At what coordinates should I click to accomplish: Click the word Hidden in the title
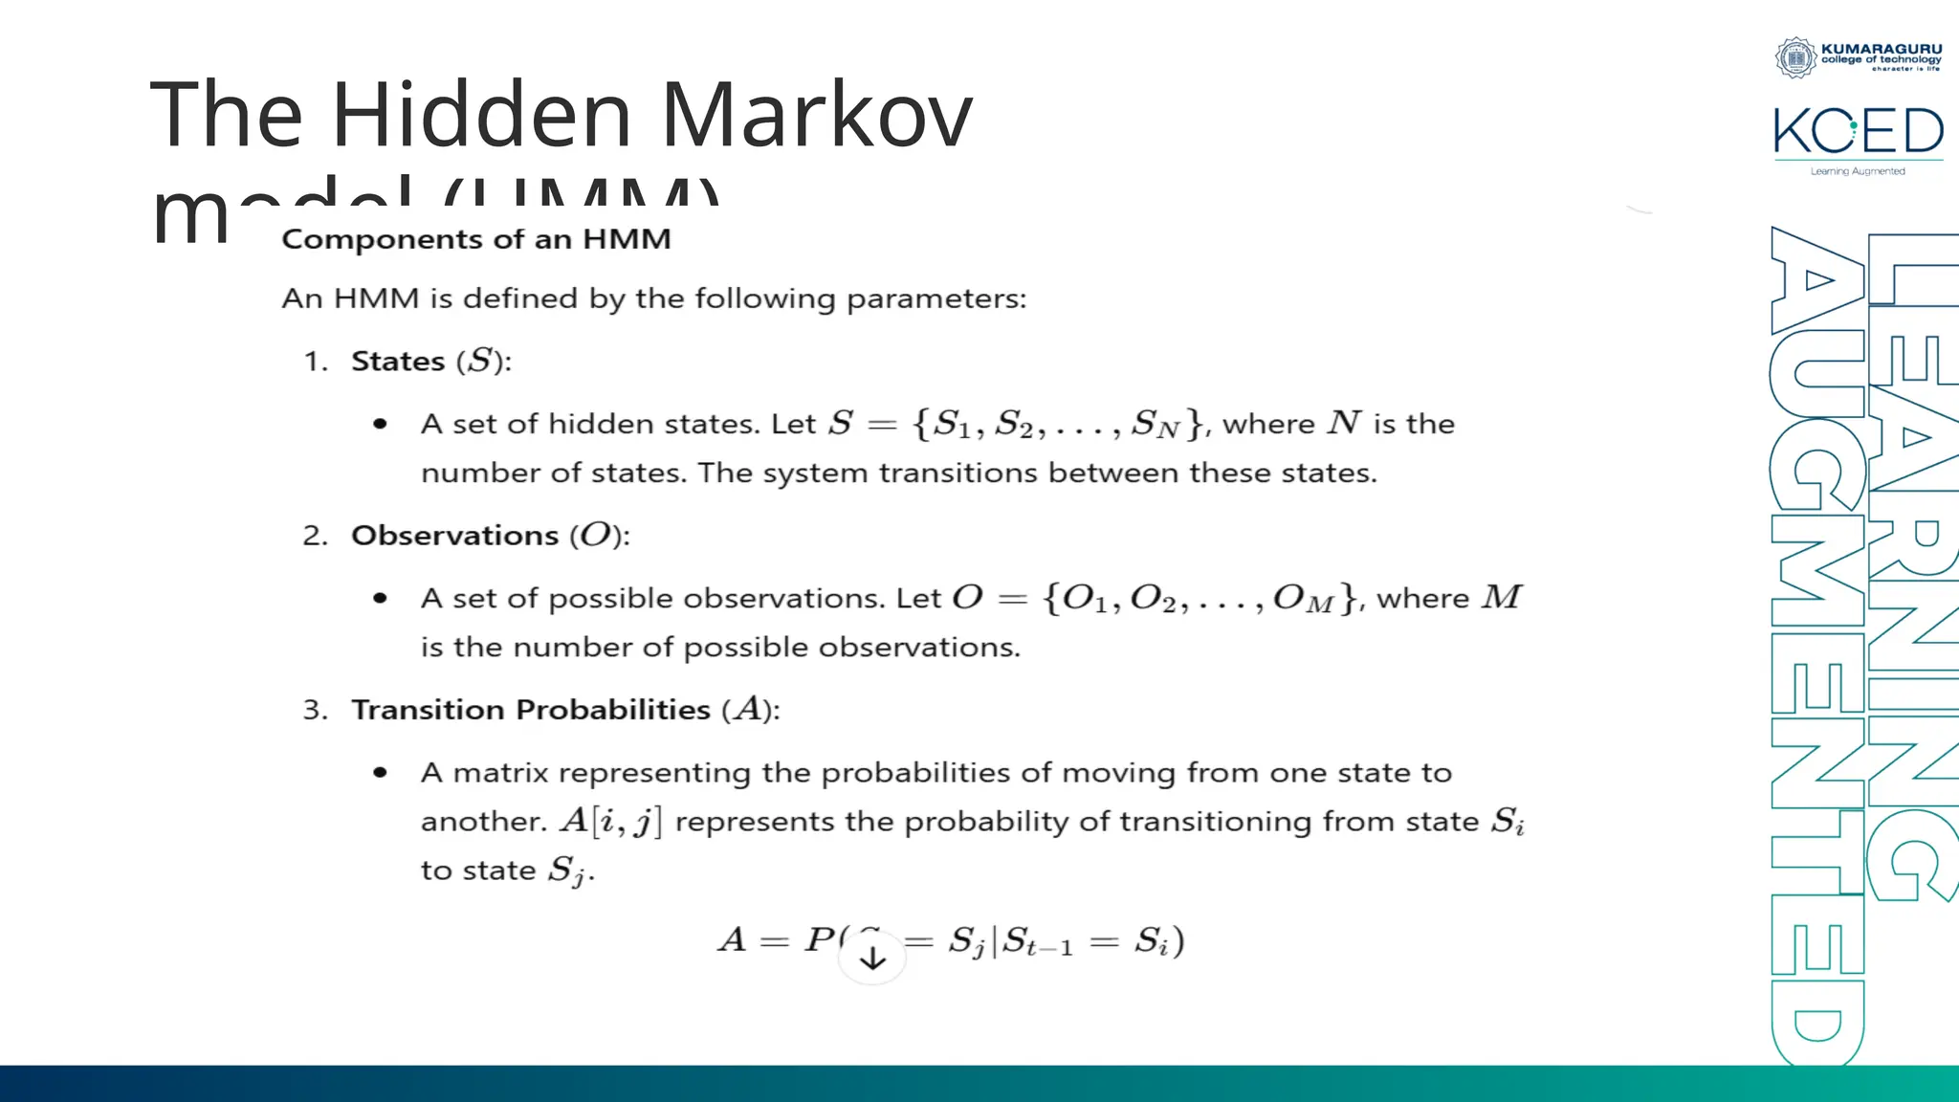point(481,115)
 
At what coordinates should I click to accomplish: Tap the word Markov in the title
point(816,115)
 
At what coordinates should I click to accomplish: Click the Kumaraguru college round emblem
point(1795,57)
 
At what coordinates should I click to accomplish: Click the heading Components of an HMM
point(476,239)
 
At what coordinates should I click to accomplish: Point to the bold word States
point(398,362)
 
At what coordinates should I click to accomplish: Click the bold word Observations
point(454,536)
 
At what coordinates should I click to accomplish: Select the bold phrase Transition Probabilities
point(531,710)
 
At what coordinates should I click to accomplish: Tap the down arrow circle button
point(872,957)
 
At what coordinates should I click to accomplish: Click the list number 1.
point(315,362)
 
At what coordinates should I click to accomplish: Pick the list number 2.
point(315,536)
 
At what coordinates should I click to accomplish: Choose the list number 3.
point(315,710)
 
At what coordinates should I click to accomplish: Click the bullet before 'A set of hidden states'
point(381,424)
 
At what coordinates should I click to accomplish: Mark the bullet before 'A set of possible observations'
point(381,599)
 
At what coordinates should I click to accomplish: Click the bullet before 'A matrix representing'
point(381,773)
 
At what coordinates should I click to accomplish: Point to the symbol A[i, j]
point(610,822)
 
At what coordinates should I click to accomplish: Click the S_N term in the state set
point(1155,425)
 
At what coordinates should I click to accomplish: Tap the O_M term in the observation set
point(1303,600)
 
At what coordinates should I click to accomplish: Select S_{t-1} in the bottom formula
point(1037,943)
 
